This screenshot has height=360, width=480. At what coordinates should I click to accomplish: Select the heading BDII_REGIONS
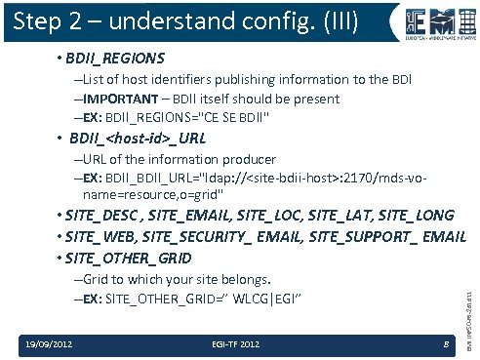(115, 59)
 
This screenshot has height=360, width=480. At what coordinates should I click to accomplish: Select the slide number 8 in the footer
(444, 342)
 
